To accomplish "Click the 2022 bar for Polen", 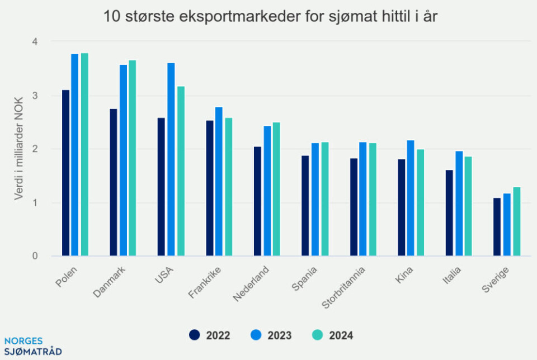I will tap(65, 173).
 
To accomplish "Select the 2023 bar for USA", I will tap(171, 159).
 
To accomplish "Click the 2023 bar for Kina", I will tap(411, 198).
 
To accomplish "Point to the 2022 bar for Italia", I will tap(449, 213).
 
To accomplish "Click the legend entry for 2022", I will tap(210, 335).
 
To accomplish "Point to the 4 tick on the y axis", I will tap(35, 41).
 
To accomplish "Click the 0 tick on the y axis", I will tap(35, 256).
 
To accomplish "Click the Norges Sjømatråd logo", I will tap(32, 347).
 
